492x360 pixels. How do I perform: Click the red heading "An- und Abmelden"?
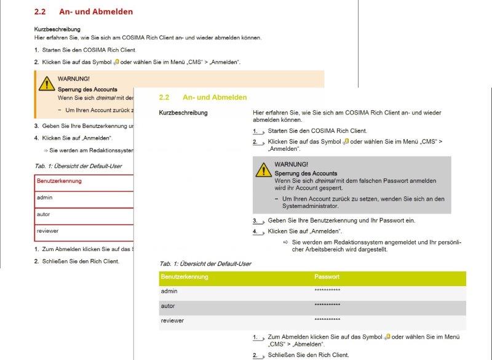click(96, 11)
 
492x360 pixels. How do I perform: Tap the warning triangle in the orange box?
click(47, 84)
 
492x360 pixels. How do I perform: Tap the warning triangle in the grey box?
click(264, 169)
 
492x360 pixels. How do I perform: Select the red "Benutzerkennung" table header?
click(59, 181)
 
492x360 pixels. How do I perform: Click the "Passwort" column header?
click(327, 277)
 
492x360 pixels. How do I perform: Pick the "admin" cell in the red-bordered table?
click(44, 198)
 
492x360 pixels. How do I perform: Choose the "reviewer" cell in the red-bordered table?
click(47, 231)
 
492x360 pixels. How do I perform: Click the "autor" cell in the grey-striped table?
click(168, 305)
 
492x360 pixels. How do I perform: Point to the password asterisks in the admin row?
click(327, 290)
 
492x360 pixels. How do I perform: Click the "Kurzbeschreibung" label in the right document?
click(183, 113)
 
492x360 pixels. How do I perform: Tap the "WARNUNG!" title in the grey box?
click(292, 164)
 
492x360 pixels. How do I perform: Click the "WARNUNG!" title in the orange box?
click(74, 79)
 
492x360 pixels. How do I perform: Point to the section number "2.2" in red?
click(40, 11)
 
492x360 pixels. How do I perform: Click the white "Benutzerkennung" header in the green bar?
click(184, 277)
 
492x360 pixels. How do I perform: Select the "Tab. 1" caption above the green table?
click(205, 263)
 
